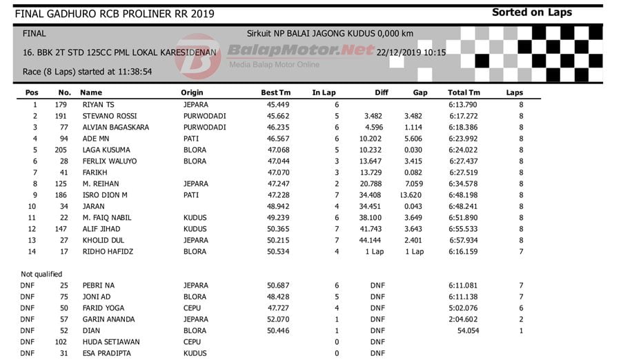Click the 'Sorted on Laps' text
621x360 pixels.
click(x=531, y=12)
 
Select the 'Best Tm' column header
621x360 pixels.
click(x=275, y=92)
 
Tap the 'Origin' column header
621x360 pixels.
click(x=192, y=92)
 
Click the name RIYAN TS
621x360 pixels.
click(x=99, y=105)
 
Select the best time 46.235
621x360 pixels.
click(x=278, y=128)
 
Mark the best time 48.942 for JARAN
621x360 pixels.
click(x=278, y=206)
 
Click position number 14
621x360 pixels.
click(x=32, y=252)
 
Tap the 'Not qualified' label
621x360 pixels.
click(x=41, y=274)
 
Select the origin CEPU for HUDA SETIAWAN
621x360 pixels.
click(x=193, y=342)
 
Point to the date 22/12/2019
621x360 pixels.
click(x=398, y=52)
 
